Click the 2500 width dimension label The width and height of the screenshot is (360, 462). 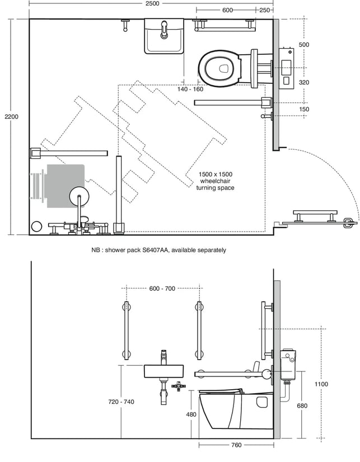click(x=152, y=3)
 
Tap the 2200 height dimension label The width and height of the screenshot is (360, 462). click(x=12, y=117)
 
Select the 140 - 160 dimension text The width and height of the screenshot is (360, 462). click(x=190, y=89)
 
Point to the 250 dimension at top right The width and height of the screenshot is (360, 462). click(x=264, y=10)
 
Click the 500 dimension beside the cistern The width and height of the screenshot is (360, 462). click(x=304, y=45)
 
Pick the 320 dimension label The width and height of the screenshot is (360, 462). click(x=304, y=83)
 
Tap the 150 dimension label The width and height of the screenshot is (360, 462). click(x=304, y=109)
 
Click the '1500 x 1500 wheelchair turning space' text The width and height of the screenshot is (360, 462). click(x=216, y=181)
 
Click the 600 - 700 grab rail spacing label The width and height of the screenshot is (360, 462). click(x=162, y=289)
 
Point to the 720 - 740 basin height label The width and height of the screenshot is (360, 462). click(x=121, y=402)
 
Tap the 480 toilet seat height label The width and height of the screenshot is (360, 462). click(x=191, y=414)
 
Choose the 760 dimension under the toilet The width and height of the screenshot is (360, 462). click(x=236, y=445)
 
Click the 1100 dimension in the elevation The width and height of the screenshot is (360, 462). click(x=321, y=384)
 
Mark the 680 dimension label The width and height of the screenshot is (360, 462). click(x=302, y=406)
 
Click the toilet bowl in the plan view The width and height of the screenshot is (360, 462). click(x=219, y=68)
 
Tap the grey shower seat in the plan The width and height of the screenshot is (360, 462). click(x=66, y=186)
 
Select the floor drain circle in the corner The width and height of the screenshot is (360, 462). click(x=37, y=227)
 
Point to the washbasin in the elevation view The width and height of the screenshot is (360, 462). click(x=163, y=371)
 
